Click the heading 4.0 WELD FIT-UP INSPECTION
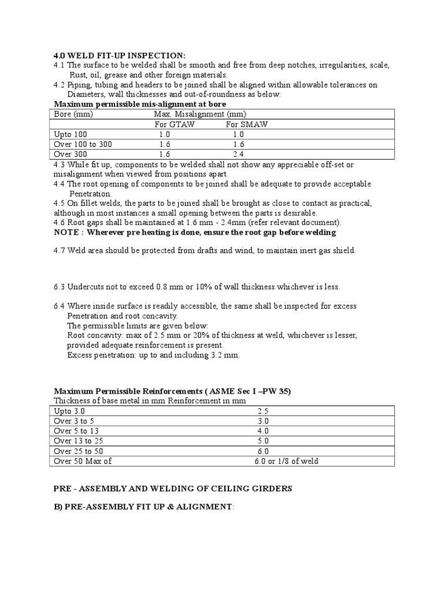pos(120,55)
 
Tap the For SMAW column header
pos(247,124)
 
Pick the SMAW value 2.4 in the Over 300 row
pos(239,154)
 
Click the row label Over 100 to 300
pos(83,145)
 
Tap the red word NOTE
pos(66,232)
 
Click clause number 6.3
pos(60,287)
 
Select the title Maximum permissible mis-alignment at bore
pos(136,104)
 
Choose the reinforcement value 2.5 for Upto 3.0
pos(263,410)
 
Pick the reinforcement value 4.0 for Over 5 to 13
pos(263,431)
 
